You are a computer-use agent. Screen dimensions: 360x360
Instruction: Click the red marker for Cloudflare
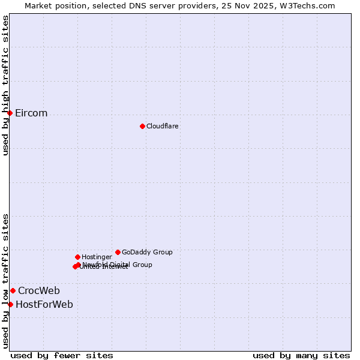click(142, 126)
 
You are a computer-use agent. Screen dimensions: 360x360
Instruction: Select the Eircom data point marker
click(10, 113)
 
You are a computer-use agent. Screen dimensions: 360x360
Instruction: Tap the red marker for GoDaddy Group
click(118, 252)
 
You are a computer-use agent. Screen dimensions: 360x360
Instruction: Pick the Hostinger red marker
click(77, 257)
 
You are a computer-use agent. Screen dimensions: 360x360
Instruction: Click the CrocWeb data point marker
click(13, 290)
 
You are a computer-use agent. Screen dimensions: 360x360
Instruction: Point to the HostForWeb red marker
click(10, 304)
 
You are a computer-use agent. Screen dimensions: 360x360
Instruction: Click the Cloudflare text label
click(162, 126)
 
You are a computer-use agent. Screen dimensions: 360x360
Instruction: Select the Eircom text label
click(31, 113)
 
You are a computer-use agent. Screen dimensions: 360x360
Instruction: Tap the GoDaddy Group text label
click(147, 252)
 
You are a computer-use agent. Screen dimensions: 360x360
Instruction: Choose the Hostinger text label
click(97, 257)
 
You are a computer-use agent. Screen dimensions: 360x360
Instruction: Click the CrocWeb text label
click(39, 291)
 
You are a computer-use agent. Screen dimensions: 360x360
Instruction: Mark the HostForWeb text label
click(44, 305)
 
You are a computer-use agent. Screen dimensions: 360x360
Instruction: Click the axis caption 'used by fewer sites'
click(62, 356)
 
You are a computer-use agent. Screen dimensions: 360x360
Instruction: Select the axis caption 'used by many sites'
click(301, 356)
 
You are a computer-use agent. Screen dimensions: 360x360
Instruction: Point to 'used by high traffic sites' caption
click(6, 85)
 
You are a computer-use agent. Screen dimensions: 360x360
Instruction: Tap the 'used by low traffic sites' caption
click(6, 280)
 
